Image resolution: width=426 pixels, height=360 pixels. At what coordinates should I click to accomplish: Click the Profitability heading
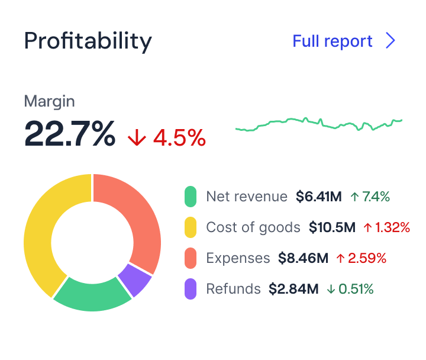tap(88, 41)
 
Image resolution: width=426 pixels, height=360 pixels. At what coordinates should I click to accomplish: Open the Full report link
tap(333, 41)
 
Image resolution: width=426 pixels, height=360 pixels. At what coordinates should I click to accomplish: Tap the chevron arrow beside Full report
tap(390, 41)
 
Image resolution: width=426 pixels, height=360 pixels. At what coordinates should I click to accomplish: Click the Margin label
tap(49, 101)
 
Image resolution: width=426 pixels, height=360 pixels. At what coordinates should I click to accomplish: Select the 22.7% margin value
tap(70, 134)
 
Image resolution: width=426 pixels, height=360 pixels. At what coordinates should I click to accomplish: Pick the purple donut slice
tap(135, 279)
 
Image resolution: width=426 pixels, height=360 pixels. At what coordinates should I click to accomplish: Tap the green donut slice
tap(92, 294)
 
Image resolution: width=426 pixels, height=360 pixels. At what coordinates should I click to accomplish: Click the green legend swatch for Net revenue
tap(191, 197)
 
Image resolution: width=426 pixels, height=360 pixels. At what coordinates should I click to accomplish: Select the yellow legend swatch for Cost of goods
tap(191, 227)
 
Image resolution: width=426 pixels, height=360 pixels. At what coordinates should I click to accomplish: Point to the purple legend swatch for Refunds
tap(191, 289)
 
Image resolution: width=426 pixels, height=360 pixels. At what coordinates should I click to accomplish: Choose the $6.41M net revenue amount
tap(319, 197)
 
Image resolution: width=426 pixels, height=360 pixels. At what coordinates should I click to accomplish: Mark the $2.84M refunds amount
tap(293, 289)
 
